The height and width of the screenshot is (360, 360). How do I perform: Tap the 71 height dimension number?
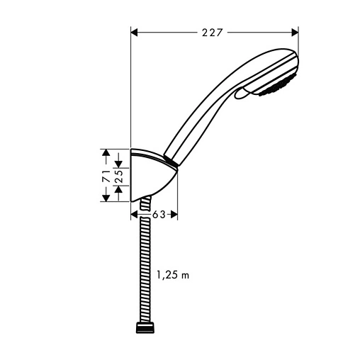coord(104,175)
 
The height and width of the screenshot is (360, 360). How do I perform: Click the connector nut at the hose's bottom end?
coord(145,327)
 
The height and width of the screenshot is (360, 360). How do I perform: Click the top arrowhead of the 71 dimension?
coord(104,152)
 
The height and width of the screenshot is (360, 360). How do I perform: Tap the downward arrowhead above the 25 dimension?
coord(118,162)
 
